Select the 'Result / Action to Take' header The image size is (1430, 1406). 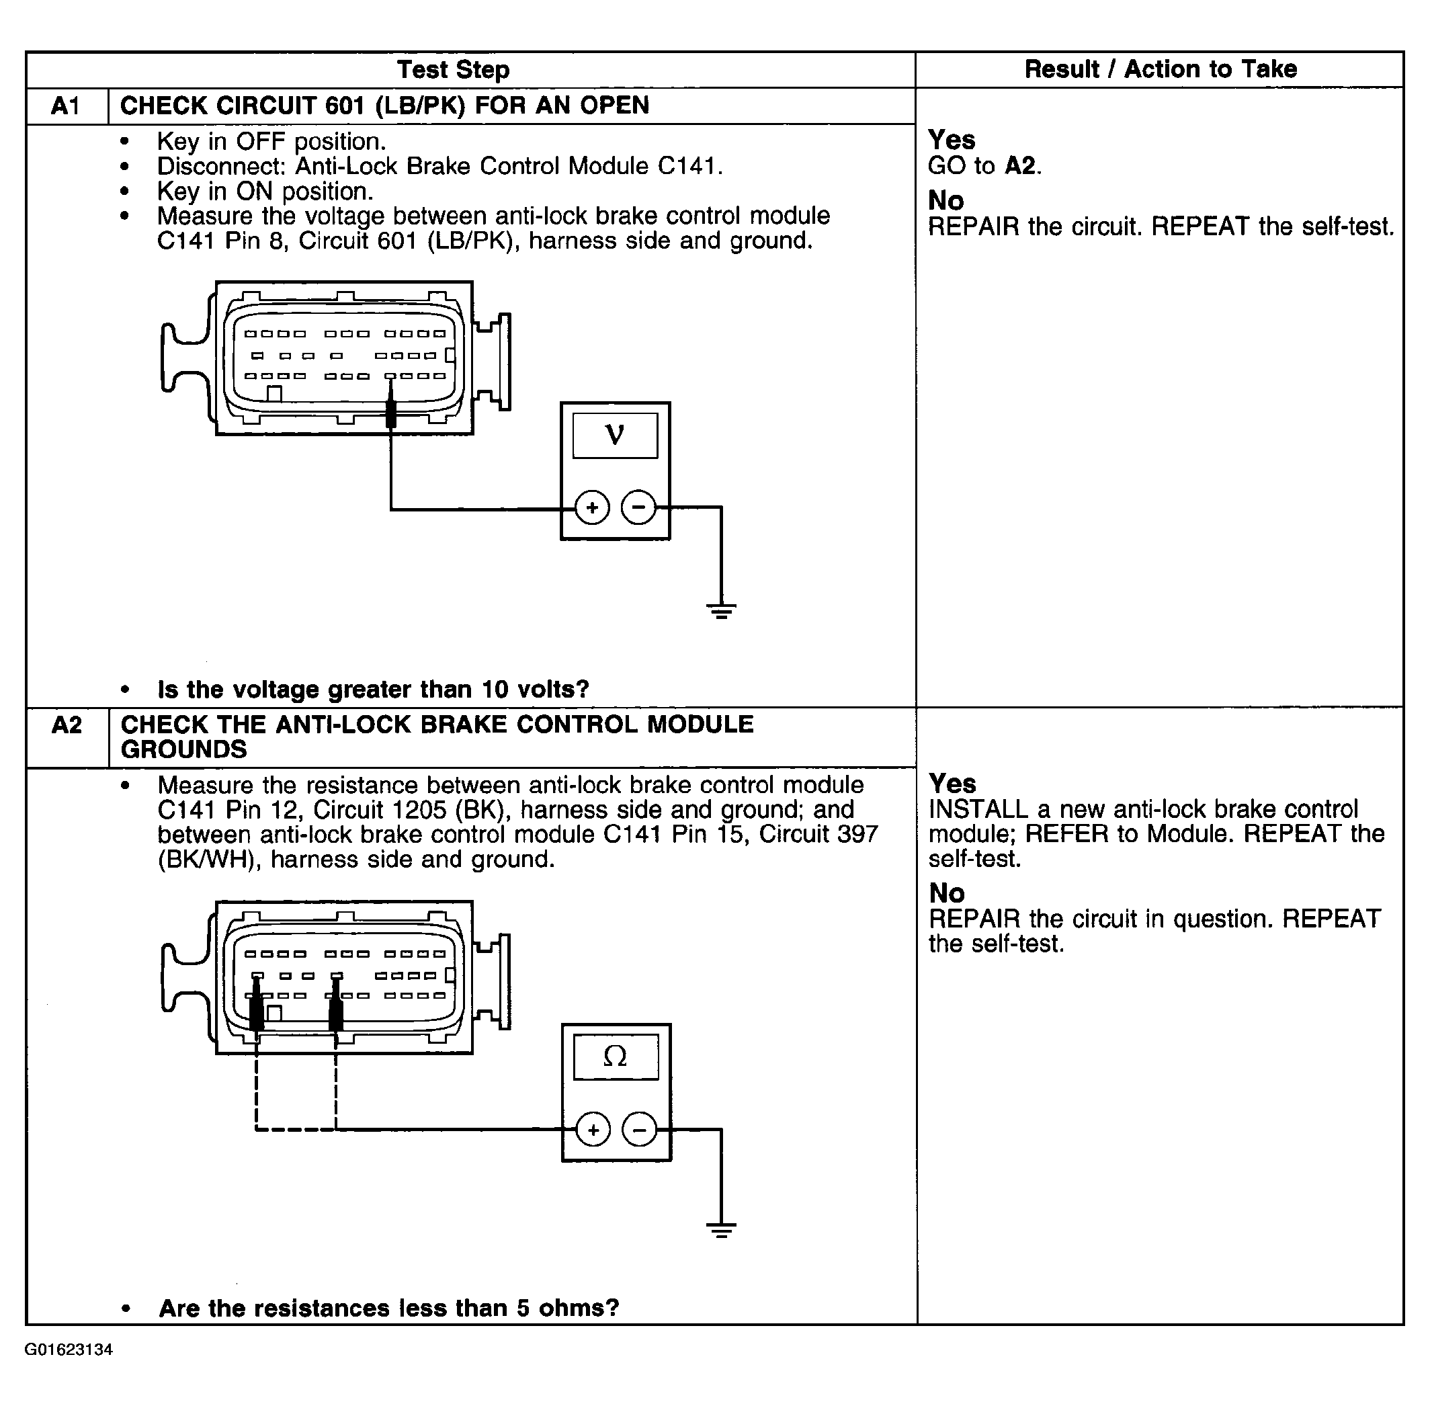pyautogui.click(x=1160, y=69)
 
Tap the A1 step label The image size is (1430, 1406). pyautogui.click(x=66, y=106)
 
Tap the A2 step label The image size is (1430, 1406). pyautogui.click(x=67, y=725)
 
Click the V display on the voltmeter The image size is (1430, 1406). pyautogui.click(x=614, y=436)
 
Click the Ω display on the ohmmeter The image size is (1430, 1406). pyautogui.click(x=615, y=1057)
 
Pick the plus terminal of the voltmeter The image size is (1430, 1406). pyautogui.click(x=592, y=507)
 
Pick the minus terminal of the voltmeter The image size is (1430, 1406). pyautogui.click(x=638, y=507)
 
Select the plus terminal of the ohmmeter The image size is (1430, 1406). pyautogui.click(x=593, y=1130)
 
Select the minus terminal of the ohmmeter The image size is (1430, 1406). pyautogui.click(x=639, y=1130)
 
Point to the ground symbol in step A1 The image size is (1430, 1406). pyautogui.click(x=721, y=610)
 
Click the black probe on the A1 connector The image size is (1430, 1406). pyautogui.click(x=390, y=413)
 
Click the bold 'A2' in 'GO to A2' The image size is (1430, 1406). pyautogui.click(x=1020, y=165)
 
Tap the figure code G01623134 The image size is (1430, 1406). pyautogui.click(x=69, y=1350)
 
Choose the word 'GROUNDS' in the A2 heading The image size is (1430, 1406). pyautogui.click(x=184, y=749)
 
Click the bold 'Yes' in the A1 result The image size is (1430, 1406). pyautogui.click(x=951, y=140)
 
